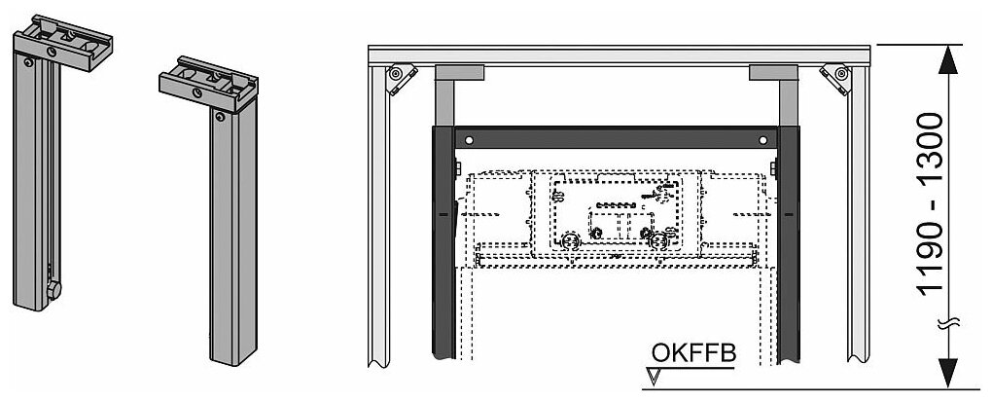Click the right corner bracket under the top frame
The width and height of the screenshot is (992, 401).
[x=834, y=78]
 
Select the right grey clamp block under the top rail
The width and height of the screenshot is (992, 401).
[x=774, y=72]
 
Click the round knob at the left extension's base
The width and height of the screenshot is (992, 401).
[x=55, y=289]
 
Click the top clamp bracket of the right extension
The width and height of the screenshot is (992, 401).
[x=209, y=84]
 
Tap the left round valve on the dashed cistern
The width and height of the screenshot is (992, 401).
[x=569, y=236]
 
